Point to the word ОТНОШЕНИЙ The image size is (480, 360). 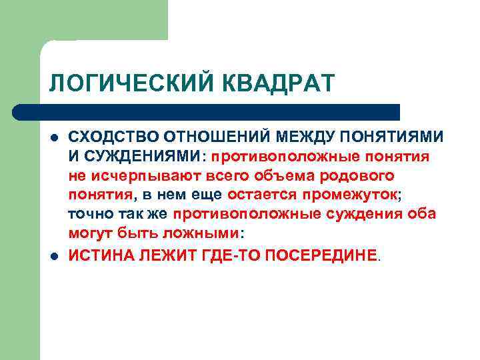pyautogui.click(x=207, y=137)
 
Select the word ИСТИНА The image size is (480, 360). pyautogui.click(x=99, y=254)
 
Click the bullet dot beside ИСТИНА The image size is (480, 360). pyautogui.click(x=53, y=255)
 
